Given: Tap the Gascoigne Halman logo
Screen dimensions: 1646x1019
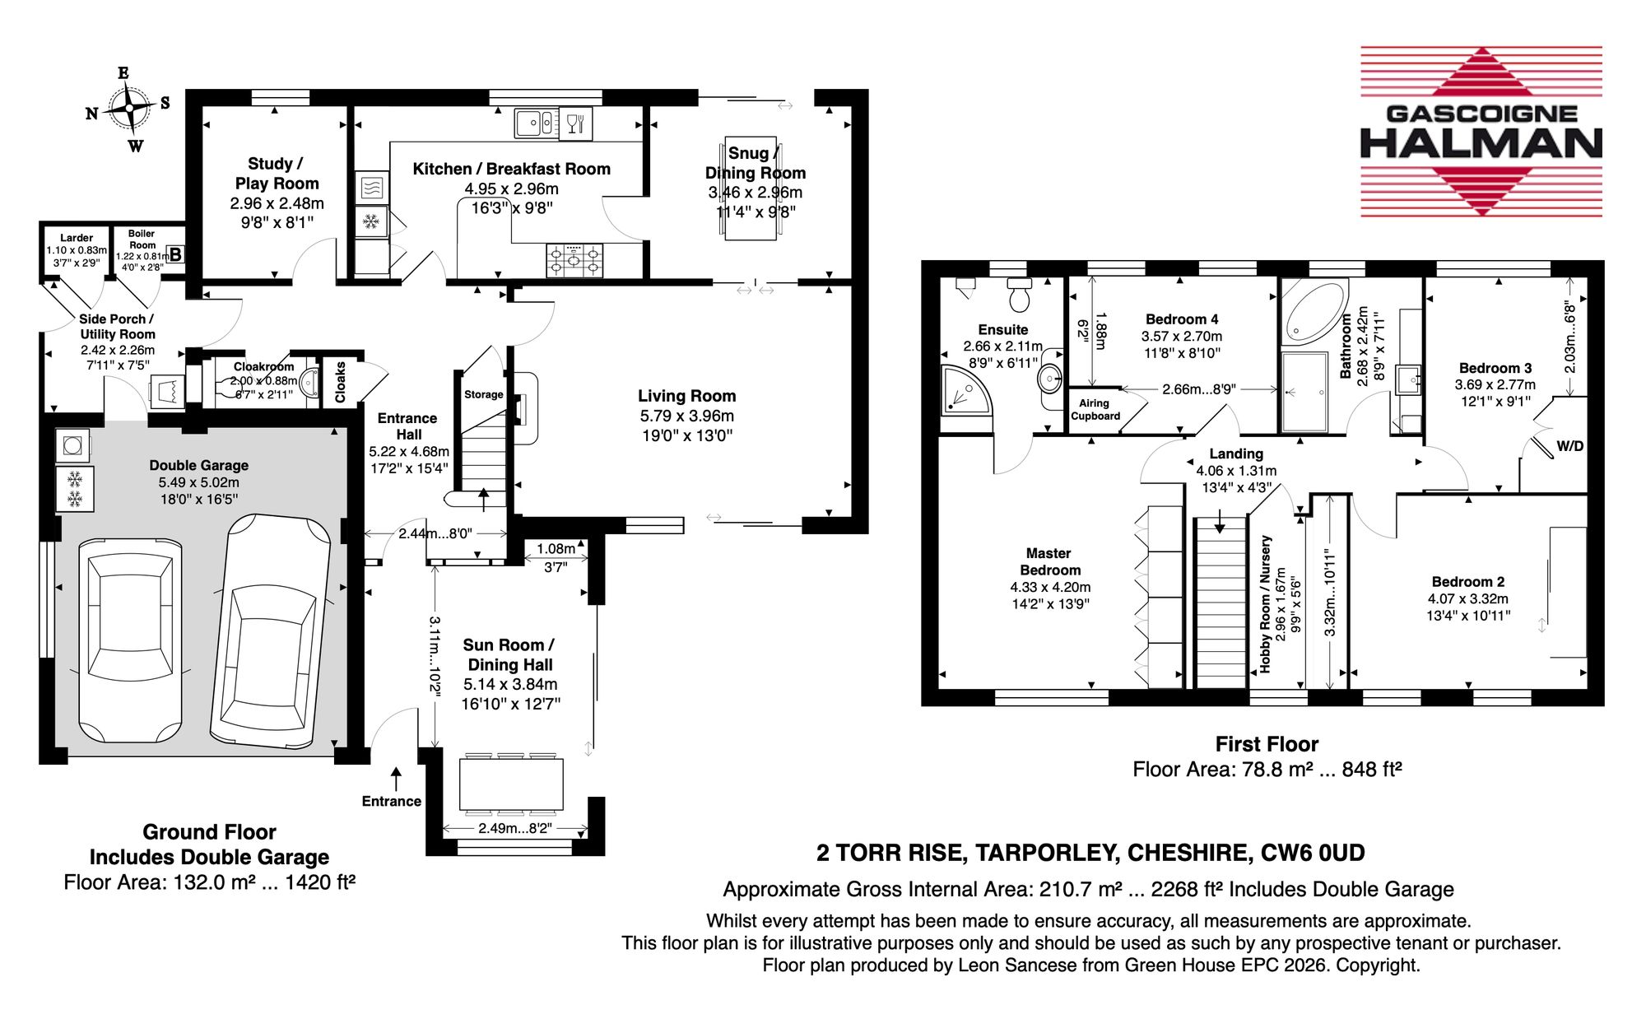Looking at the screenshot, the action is (1481, 132).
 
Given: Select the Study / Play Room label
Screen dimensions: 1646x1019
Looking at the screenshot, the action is (277, 174).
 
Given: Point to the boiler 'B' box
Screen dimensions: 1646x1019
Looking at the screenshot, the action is (175, 255).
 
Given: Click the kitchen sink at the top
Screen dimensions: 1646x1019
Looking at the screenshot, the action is (536, 123).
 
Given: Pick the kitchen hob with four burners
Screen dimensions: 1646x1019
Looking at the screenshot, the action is (574, 260).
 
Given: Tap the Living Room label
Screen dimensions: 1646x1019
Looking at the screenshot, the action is (687, 396).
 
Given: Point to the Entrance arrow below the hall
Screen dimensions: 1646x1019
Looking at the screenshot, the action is (396, 779).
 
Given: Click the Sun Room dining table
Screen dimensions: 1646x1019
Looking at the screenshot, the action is (511, 784).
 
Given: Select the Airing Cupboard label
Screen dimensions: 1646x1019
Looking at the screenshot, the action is (1095, 410).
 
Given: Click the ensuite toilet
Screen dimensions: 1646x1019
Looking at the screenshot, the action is (1020, 295).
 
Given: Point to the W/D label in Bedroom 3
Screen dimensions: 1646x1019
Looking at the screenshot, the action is (1569, 446).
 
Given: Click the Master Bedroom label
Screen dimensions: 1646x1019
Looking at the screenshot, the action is (1049, 561).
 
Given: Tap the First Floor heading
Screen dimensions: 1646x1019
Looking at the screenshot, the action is (1267, 744).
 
